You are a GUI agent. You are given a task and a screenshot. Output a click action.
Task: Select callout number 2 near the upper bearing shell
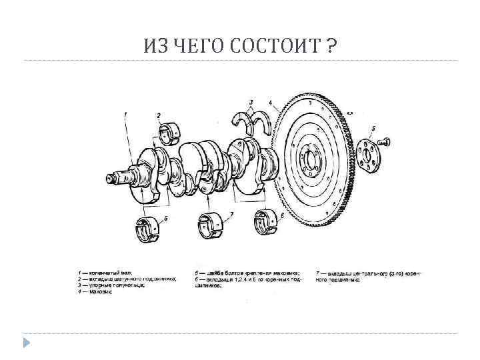point(159,115)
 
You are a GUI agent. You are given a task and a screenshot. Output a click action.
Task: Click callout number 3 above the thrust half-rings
point(251,103)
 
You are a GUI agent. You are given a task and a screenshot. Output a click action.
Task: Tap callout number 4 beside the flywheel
point(270,103)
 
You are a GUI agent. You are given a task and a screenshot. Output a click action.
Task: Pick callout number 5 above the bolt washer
point(373,128)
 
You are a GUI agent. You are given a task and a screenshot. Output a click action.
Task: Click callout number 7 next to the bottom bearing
point(231,215)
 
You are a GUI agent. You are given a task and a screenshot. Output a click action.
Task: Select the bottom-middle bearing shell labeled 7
point(212,224)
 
